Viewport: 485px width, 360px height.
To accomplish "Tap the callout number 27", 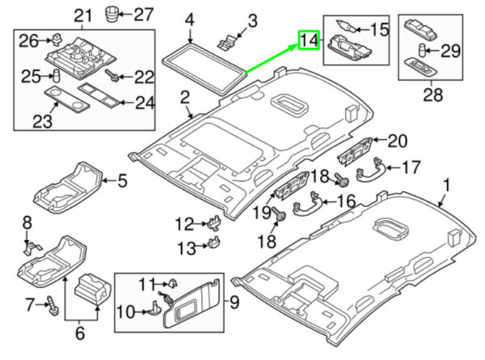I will click(142, 14).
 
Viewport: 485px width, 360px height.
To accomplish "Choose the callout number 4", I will click(190, 19).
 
